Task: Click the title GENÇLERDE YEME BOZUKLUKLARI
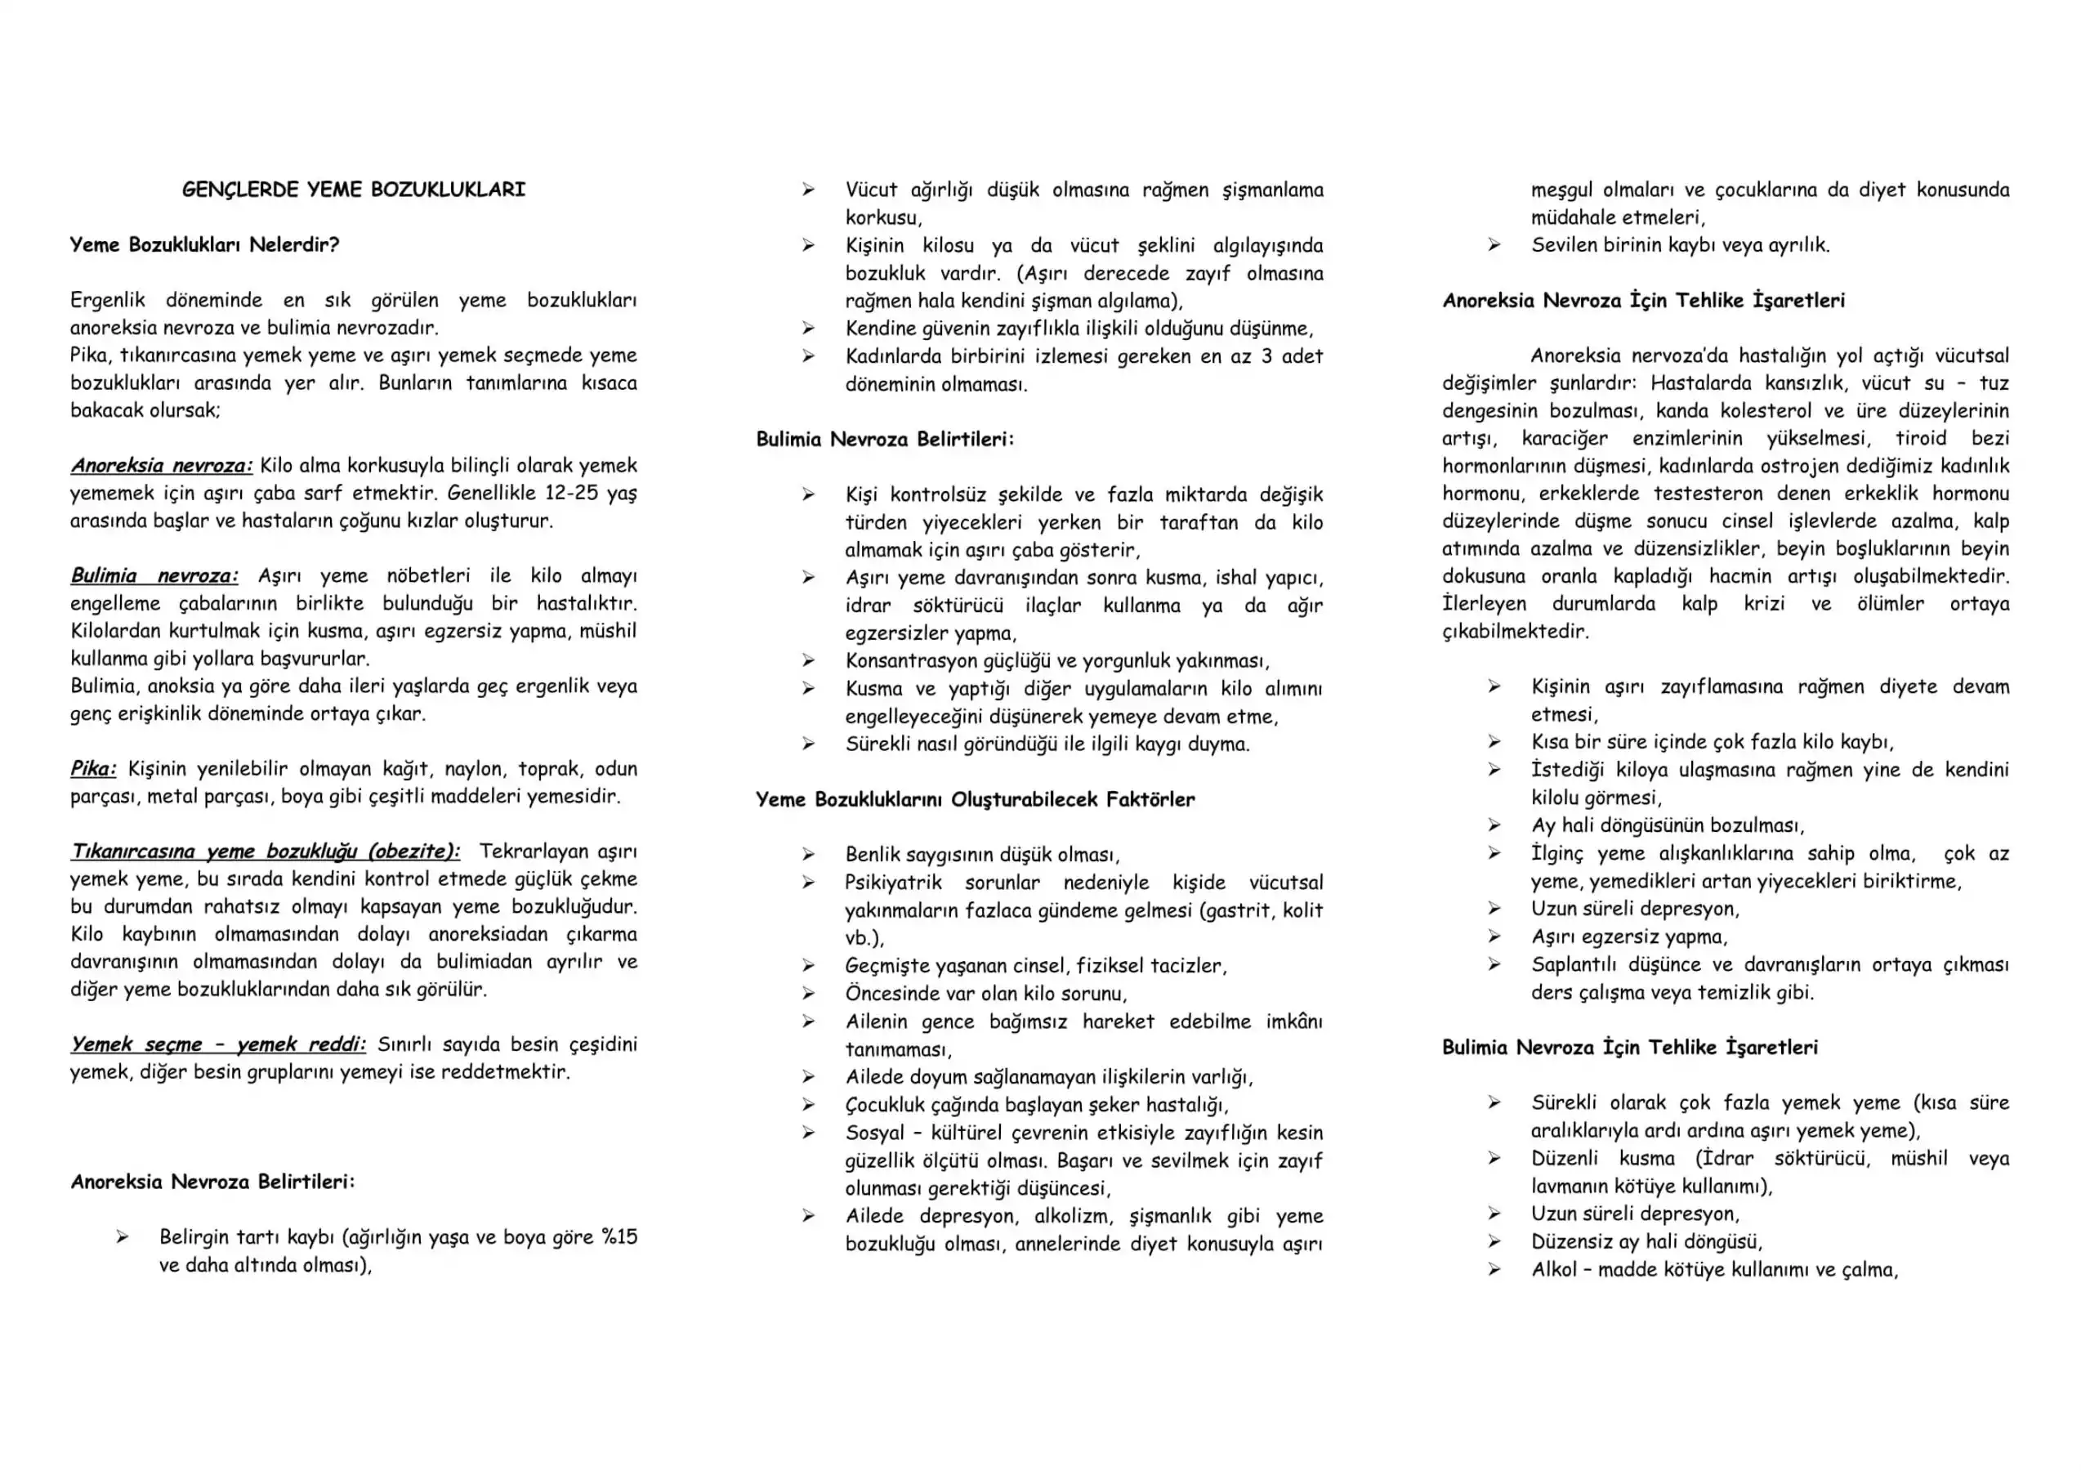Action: (354, 190)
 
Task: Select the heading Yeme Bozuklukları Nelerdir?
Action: (205, 244)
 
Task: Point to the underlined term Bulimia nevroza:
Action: (154, 576)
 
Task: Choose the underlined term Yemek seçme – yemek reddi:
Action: (217, 1045)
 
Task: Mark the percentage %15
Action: (619, 1237)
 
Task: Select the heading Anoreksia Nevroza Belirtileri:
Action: (213, 1182)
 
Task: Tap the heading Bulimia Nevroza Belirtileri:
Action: (886, 440)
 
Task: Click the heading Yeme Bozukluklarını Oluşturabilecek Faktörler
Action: (976, 799)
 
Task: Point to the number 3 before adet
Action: (1266, 356)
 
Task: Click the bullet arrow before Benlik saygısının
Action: (807, 855)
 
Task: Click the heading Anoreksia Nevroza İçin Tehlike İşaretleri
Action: (1643, 301)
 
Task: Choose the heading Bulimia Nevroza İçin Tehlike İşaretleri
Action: (1630, 1048)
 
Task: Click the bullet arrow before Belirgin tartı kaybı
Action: (122, 1237)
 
